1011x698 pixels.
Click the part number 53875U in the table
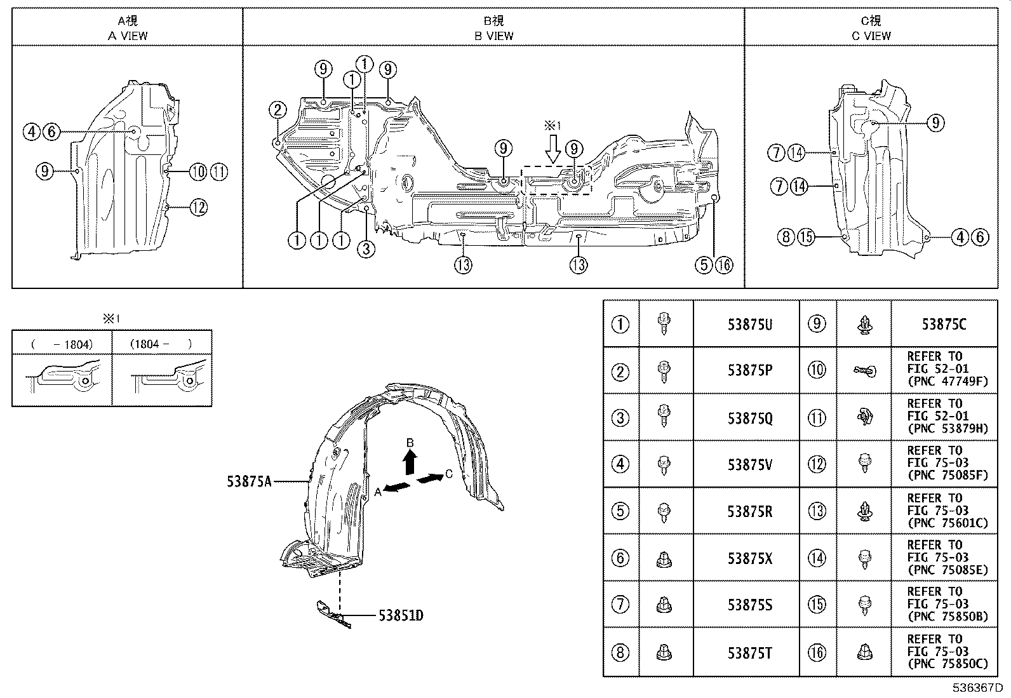[x=749, y=324]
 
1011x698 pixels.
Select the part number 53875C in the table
[x=944, y=324]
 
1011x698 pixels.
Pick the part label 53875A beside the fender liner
[x=249, y=481]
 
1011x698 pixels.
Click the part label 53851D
[x=401, y=615]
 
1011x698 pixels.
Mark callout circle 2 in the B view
[x=278, y=110]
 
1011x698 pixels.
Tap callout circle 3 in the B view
[x=366, y=249]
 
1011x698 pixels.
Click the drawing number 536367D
[x=976, y=688]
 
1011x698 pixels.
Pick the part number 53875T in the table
[x=749, y=652]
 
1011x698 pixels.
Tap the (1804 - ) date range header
[x=161, y=344]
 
